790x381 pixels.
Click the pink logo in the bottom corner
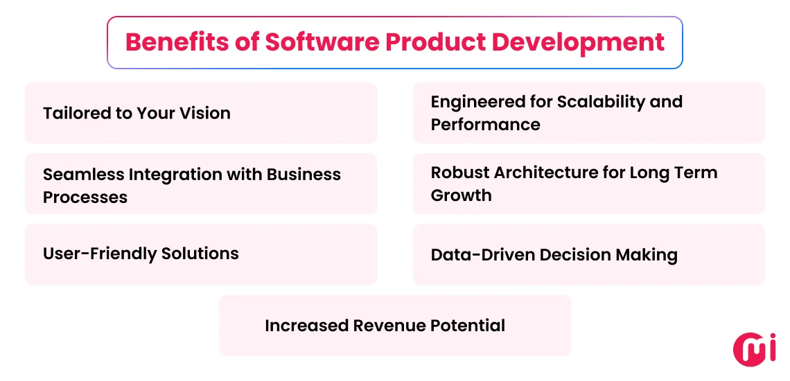[x=755, y=349]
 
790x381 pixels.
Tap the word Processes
[x=85, y=197]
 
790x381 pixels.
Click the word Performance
[x=485, y=125]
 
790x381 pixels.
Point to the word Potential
[x=472, y=326]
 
